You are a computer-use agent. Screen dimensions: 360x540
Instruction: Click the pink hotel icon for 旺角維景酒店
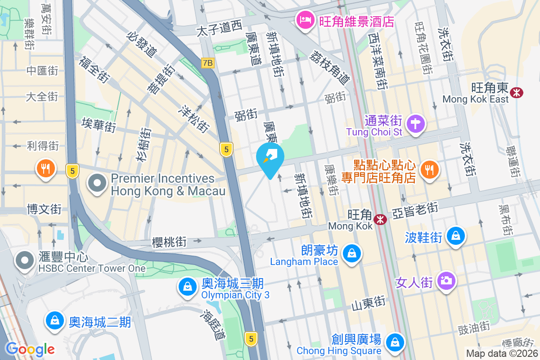[x=305, y=20]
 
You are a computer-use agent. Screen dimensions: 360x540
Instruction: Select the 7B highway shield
[x=207, y=63]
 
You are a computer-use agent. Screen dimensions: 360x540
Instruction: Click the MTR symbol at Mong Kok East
[x=516, y=93]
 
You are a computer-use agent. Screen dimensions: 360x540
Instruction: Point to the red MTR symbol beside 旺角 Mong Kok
[x=381, y=220]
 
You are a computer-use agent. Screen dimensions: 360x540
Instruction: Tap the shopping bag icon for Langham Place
[x=351, y=254]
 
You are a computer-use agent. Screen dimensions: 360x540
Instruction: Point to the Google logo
[x=30, y=349]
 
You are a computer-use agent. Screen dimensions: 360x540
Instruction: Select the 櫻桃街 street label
[x=169, y=242]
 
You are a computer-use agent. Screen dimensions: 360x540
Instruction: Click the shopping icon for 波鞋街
[x=456, y=235]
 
